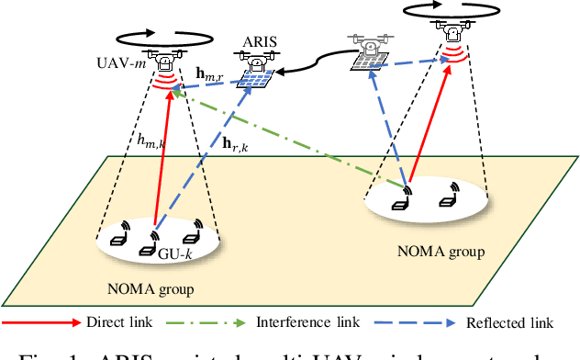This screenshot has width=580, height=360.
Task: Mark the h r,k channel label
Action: click(237, 142)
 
